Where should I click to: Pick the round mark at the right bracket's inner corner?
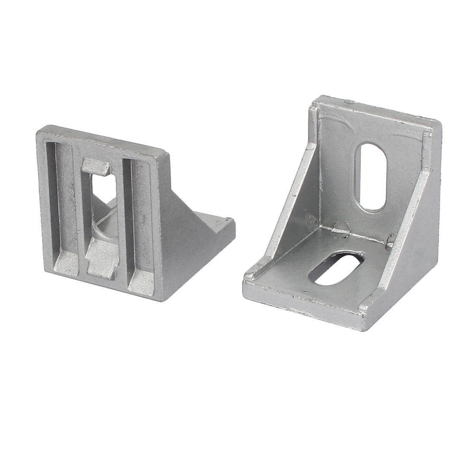tap(341, 226)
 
